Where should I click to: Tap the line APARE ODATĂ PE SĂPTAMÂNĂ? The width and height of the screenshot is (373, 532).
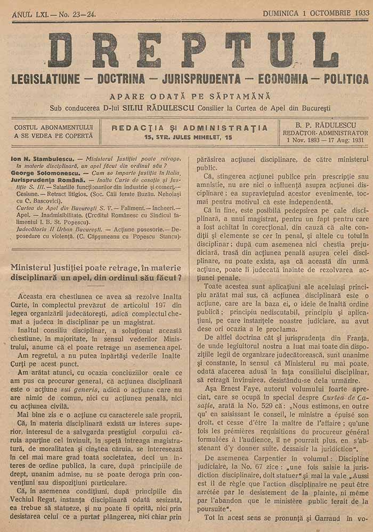[x=190, y=96]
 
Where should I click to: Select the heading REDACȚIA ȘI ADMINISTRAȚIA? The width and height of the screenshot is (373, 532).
[x=190, y=128]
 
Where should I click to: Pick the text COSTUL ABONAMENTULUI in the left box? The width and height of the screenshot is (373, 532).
[x=54, y=128]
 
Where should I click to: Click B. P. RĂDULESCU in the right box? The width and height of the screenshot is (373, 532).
[x=325, y=124]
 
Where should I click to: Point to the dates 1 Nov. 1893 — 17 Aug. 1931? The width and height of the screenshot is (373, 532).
[x=325, y=140]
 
